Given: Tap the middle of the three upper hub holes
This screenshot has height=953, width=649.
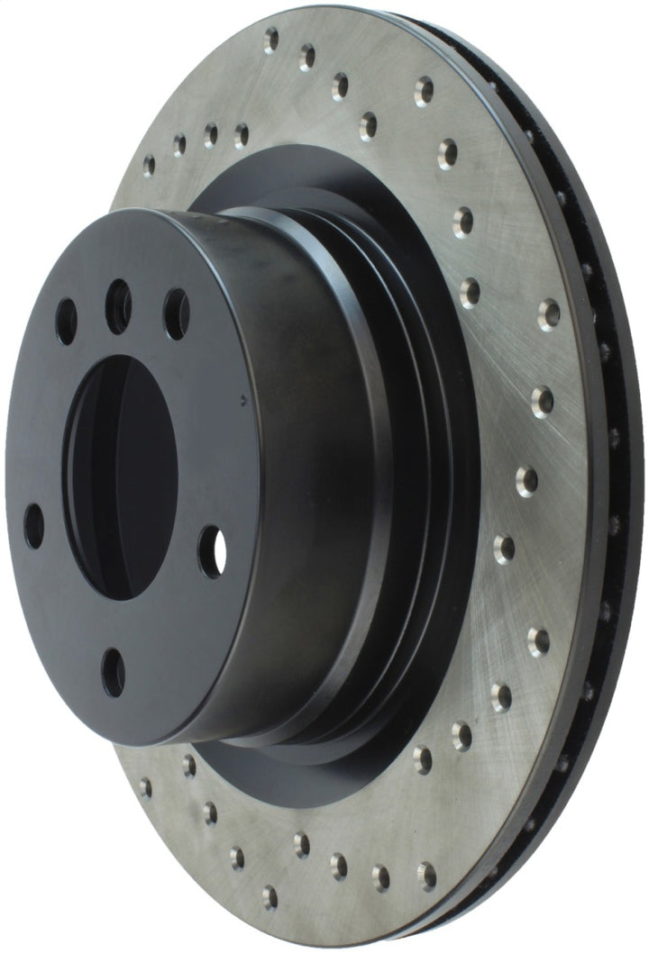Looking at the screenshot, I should (118, 307).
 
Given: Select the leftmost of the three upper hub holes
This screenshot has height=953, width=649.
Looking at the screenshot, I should (66, 322).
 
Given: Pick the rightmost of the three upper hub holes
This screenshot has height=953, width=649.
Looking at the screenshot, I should (177, 314).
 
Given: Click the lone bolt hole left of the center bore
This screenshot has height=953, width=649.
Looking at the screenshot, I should (33, 526).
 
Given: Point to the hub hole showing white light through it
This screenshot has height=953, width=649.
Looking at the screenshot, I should (213, 551).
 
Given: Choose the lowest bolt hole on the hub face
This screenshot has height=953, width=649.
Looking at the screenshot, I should (114, 671).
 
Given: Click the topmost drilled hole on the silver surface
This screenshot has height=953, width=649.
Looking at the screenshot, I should (270, 40).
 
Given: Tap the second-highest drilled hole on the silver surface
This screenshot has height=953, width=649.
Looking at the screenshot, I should (306, 58).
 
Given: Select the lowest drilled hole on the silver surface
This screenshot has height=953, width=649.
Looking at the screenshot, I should (270, 896).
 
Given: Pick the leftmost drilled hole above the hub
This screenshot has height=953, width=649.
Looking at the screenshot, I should (149, 165).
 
